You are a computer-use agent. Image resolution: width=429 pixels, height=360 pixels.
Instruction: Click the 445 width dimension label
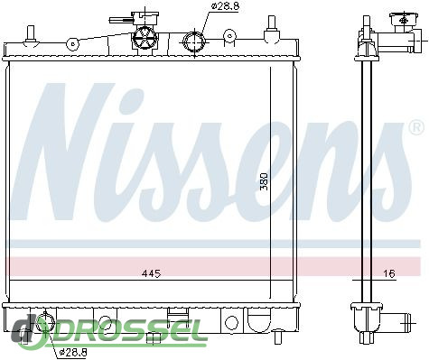pyautogui.click(x=151, y=273)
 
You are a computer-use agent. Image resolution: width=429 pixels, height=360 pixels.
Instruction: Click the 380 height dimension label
pyautogui.click(x=264, y=181)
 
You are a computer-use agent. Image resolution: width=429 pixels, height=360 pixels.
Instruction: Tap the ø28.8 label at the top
pyautogui.click(x=225, y=6)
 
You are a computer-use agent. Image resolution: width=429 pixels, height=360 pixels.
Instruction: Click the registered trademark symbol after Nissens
pyautogui.click(x=417, y=128)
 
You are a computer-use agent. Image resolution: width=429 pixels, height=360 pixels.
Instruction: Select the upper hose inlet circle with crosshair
pyautogui.click(x=194, y=42)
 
